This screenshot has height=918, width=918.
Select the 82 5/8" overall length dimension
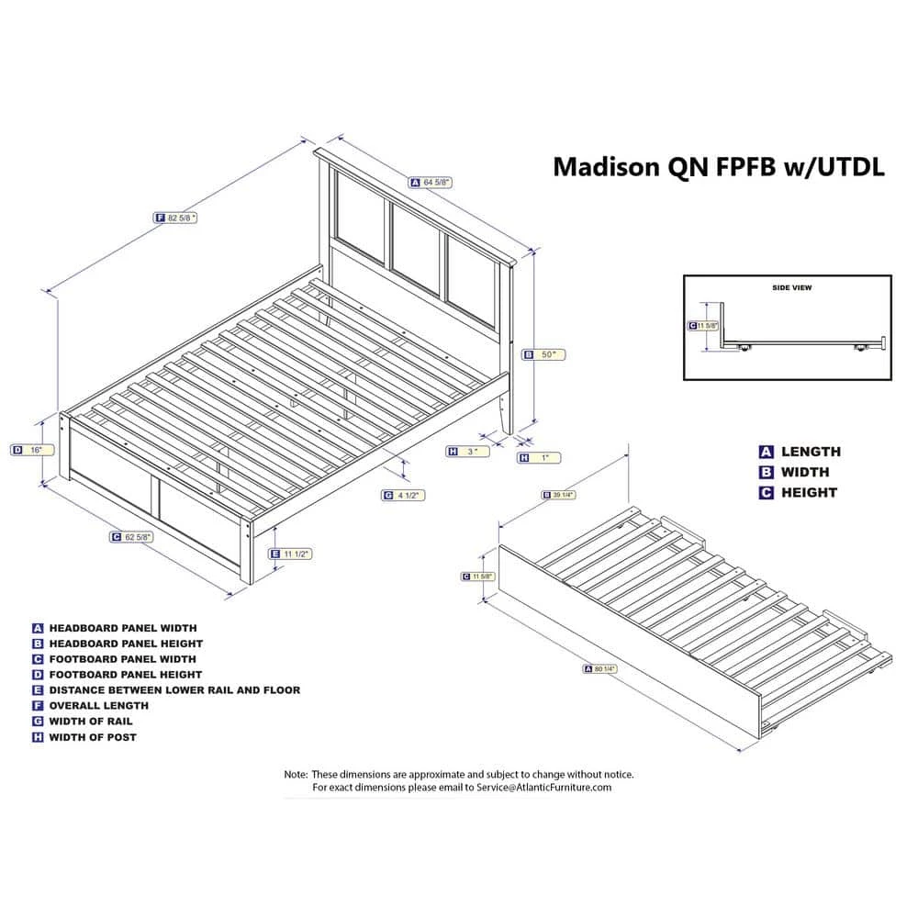tap(176, 218)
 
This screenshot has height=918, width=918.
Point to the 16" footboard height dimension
tap(33, 450)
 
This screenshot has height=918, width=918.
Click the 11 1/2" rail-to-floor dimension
tap(294, 554)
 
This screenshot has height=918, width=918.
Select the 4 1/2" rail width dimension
tap(404, 495)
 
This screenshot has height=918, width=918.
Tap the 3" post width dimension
tap(468, 451)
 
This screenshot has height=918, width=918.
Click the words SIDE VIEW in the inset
tap(791, 287)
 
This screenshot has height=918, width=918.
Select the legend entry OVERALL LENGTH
tap(99, 705)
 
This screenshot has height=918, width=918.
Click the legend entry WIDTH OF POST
tap(93, 736)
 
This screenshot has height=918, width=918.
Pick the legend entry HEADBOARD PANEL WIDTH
tap(122, 628)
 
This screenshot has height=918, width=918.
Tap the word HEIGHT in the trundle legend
tap(809, 492)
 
